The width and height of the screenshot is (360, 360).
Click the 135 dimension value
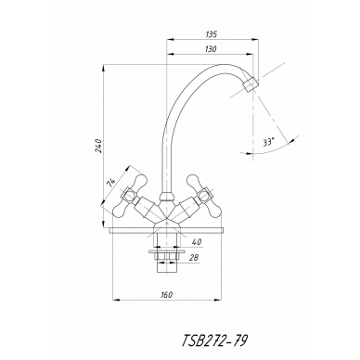point(212,34)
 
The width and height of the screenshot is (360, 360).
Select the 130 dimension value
point(211,49)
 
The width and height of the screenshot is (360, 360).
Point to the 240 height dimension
point(98,146)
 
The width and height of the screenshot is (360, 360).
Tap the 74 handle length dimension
point(111,183)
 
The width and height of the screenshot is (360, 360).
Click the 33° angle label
point(268,143)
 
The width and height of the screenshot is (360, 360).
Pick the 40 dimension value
point(197,242)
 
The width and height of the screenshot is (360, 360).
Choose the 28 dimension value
point(194,257)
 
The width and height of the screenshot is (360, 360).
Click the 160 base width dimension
point(167,295)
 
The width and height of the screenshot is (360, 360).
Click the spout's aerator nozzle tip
point(250,84)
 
